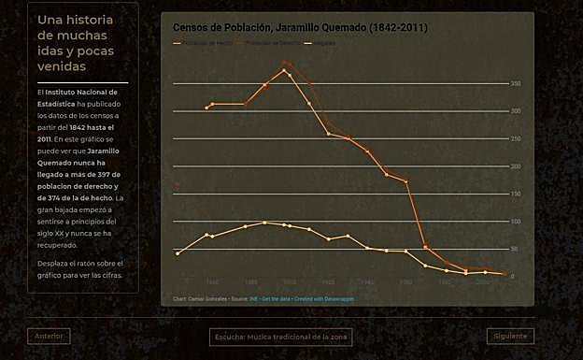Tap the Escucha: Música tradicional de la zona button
(280, 337)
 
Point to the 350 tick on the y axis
(514, 83)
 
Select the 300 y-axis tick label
(514, 111)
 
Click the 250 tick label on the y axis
(514, 138)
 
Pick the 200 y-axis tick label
(514, 166)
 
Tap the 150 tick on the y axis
(514, 194)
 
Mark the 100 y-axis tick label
(514, 222)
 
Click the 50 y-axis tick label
(515, 249)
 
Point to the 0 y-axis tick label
(512, 277)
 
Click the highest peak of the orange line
(284, 70)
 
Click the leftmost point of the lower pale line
(178, 253)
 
